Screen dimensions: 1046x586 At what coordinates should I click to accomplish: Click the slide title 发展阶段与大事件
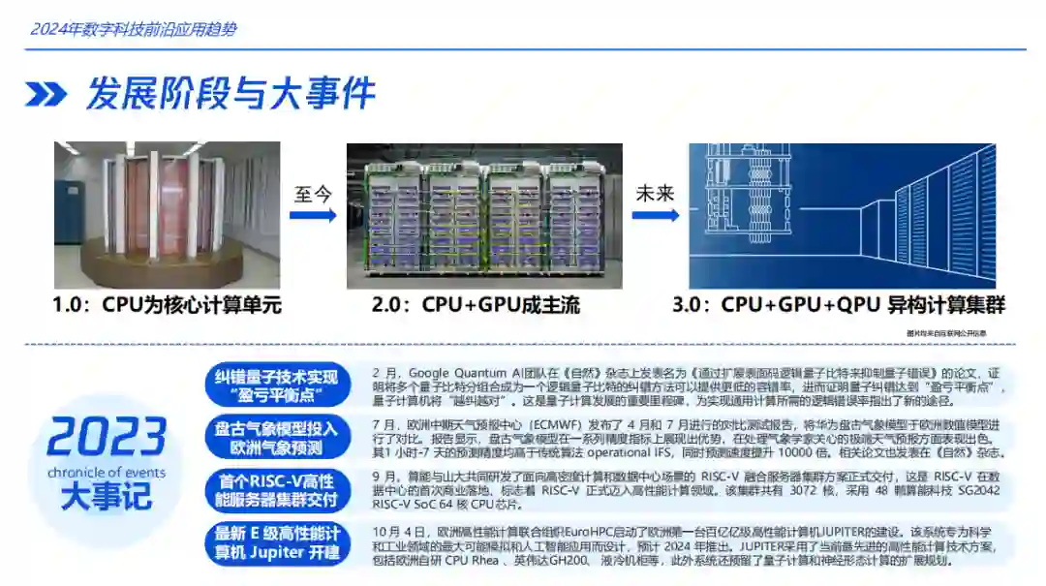(230, 94)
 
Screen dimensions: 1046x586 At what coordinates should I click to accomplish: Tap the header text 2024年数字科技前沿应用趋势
(134, 29)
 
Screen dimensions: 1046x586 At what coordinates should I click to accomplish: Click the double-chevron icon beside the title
(46, 94)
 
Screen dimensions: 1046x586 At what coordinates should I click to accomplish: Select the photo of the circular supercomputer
(167, 215)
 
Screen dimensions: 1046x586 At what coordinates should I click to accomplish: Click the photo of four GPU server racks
(484, 215)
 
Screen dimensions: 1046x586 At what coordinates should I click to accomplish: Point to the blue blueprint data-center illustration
(842, 214)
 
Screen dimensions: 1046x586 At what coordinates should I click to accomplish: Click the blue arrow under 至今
(312, 214)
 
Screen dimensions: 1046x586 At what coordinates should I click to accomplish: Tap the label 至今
(312, 194)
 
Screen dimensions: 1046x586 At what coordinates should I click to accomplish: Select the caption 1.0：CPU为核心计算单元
(167, 305)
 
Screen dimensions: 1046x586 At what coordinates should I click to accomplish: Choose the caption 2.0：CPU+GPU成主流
(476, 305)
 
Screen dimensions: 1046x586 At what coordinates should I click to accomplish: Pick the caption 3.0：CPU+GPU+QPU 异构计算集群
(839, 305)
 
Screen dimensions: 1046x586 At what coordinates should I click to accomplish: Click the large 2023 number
(106, 437)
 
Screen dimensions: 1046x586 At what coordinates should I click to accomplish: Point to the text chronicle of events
(106, 473)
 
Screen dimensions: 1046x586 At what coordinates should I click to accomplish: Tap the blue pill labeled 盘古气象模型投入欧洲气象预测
(276, 439)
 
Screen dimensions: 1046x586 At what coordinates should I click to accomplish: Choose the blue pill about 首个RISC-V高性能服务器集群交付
(276, 491)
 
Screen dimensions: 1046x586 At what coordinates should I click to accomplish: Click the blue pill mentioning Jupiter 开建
(276, 543)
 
